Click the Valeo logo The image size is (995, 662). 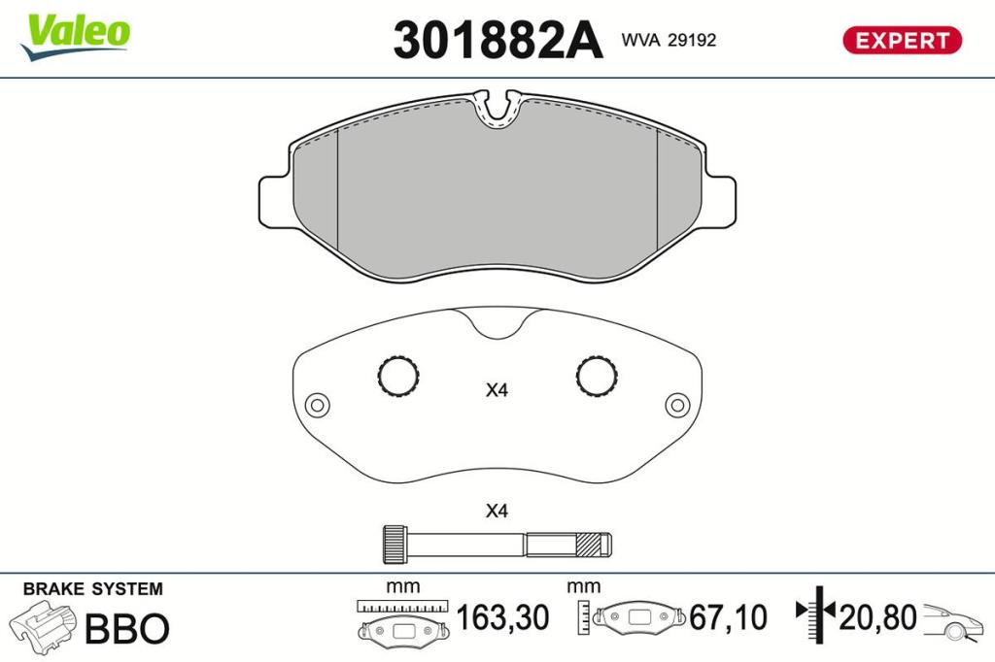76,37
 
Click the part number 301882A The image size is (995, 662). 497,40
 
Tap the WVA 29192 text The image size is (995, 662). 669,40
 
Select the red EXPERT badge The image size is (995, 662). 902,40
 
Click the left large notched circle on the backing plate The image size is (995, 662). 397,376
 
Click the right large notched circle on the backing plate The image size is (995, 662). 598,376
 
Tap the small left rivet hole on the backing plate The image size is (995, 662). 318,405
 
